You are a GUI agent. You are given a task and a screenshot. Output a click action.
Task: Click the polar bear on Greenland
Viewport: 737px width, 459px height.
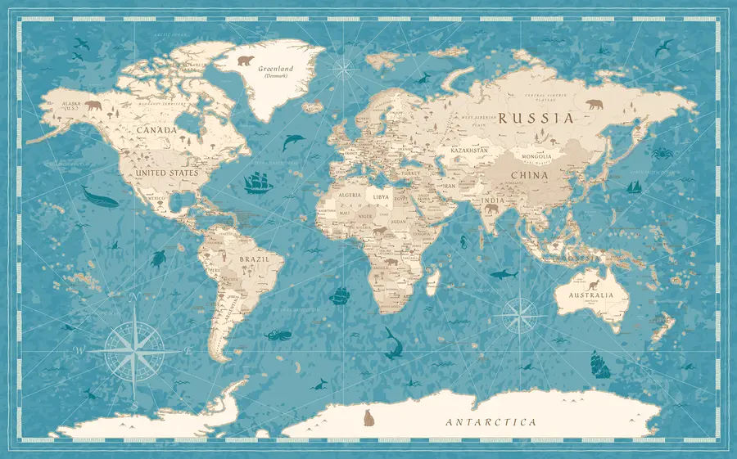click(245, 60)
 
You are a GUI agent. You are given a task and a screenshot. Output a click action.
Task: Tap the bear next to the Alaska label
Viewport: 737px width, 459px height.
click(93, 106)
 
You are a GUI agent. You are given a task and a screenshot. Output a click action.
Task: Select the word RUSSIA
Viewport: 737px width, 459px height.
click(536, 118)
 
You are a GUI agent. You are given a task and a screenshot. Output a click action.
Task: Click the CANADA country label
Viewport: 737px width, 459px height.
click(157, 130)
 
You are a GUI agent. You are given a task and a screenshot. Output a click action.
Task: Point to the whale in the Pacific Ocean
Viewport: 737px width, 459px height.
click(98, 197)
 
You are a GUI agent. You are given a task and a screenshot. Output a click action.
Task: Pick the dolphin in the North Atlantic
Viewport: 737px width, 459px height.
click(292, 142)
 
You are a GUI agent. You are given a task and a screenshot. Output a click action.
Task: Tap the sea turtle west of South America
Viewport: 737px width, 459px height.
click(157, 259)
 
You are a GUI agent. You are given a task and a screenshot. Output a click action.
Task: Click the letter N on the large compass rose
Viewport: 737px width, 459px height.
click(136, 299)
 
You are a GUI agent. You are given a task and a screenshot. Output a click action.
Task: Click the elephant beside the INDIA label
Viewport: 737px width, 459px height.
click(491, 210)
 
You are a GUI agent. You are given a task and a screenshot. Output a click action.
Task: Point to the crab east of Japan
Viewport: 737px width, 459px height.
click(662, 152)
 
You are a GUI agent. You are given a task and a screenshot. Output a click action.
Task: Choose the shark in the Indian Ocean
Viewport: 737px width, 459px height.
click(504, 274)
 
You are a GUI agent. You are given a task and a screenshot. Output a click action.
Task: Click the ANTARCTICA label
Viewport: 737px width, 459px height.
click(491, 422)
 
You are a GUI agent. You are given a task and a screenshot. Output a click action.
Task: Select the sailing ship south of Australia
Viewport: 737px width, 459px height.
click(600, 364)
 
